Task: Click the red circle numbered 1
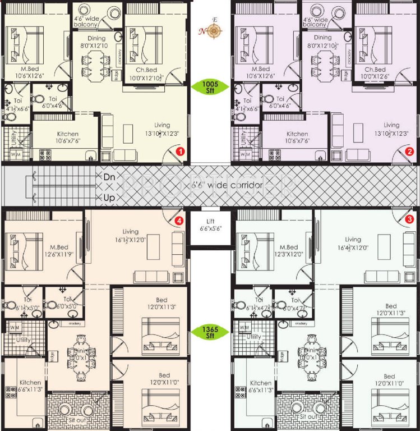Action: [180, 151]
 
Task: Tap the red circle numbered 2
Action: [409, 151]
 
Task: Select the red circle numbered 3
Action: [409, 219]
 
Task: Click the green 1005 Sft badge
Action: [210, 86]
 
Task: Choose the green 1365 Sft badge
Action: [210, 332]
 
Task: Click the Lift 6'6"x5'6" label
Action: [210, 225]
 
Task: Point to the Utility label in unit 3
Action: [254, 337]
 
